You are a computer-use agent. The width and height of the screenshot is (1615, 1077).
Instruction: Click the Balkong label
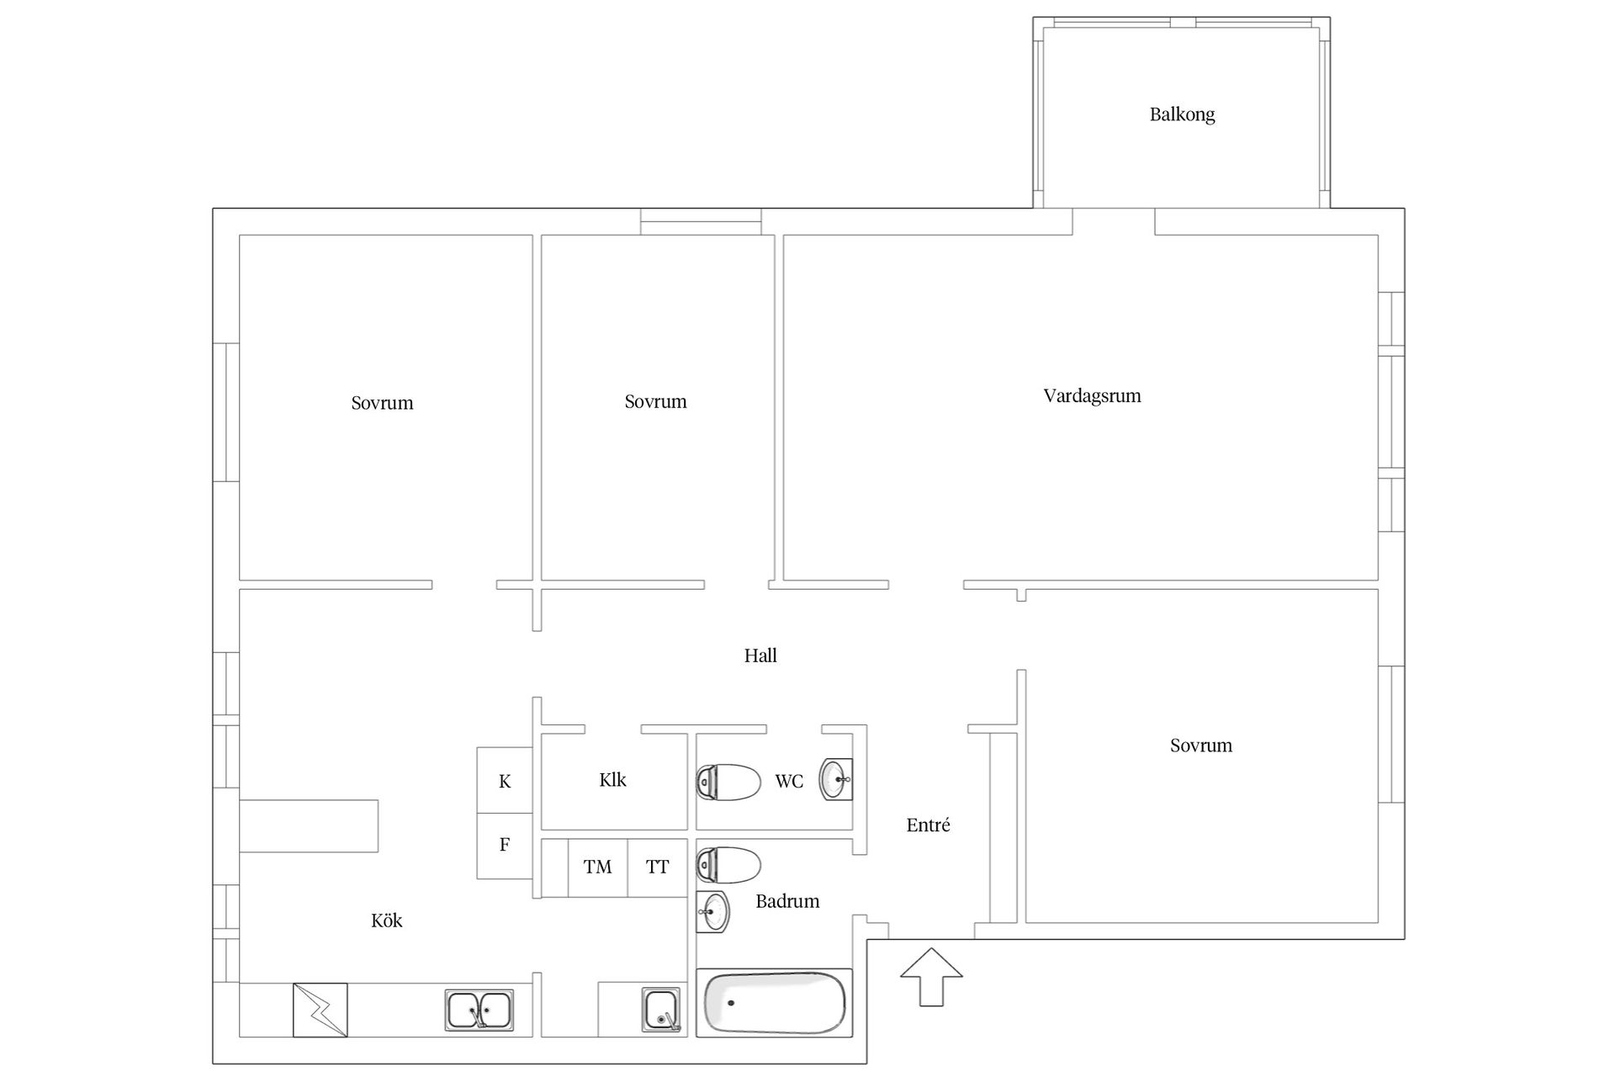click(x=1182, y=114)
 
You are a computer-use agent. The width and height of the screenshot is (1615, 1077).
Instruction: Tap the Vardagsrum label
click(x=1092, y=395)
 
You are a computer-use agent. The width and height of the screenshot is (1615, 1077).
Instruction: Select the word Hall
click(x=760, y=655)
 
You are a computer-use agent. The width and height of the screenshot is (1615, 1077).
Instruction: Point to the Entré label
click(x=928, y=825)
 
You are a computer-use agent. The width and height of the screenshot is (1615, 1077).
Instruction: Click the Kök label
click(x=386, y=920)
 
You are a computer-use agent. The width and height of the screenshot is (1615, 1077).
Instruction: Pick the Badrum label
click(x=787, y=901)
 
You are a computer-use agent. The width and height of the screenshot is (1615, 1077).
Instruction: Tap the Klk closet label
click(x=612, y=780)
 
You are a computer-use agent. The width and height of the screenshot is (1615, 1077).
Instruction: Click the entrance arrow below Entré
click(x=931, y=977)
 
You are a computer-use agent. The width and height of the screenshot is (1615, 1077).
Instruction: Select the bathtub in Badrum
click(x=775, y=1002)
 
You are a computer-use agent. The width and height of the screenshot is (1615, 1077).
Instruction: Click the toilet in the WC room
click(x=728, y=782)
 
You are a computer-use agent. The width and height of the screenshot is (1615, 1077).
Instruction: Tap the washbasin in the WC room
click(x=836, y=779)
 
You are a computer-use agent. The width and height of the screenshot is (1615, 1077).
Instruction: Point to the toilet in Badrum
click(x=728, y=865)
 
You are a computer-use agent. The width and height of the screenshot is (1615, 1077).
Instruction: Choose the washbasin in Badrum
click(x=713, y=911)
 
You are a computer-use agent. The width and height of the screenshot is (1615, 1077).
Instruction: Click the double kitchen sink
click(x=479, y=1011)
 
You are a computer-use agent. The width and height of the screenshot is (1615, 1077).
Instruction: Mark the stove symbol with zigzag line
click(x=320, y=1010)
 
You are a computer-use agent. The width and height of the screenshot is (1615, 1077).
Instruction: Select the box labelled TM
click(x=598, y=867)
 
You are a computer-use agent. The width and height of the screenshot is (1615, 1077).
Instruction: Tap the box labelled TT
click(x=658, y=867)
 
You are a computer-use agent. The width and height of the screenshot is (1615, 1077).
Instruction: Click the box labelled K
click(x=505, y=781)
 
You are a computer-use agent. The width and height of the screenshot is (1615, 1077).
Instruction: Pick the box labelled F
click(x=505, y=846)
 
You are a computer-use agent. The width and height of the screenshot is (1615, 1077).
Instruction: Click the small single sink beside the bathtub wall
click(x=662, y=1010)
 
